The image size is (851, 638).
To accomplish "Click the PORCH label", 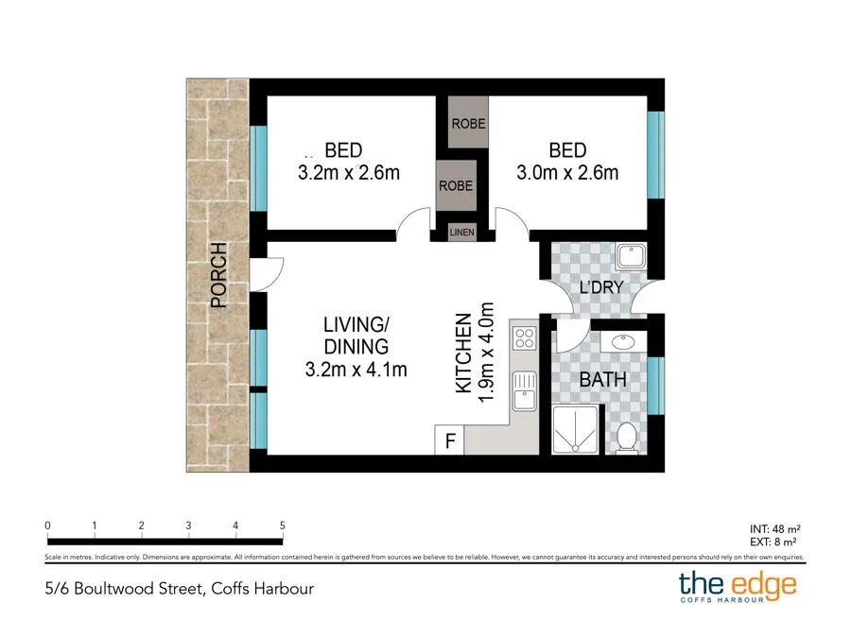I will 219,276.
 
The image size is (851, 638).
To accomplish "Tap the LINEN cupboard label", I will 461,232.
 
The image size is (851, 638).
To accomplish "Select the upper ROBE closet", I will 468,124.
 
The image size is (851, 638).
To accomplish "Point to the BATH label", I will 603,380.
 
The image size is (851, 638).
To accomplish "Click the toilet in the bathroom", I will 626,438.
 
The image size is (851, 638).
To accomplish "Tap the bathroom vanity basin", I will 625,342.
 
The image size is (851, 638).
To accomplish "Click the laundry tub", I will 629,256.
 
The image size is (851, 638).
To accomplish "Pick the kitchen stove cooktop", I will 524,336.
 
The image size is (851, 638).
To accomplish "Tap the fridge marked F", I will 450,441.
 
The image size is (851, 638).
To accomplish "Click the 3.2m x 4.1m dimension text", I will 356,370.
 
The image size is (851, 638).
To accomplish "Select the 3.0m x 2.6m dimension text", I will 567,173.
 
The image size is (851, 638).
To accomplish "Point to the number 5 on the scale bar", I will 283,526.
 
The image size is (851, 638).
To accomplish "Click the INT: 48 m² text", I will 775,528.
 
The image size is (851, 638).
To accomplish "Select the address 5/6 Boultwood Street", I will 179,589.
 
